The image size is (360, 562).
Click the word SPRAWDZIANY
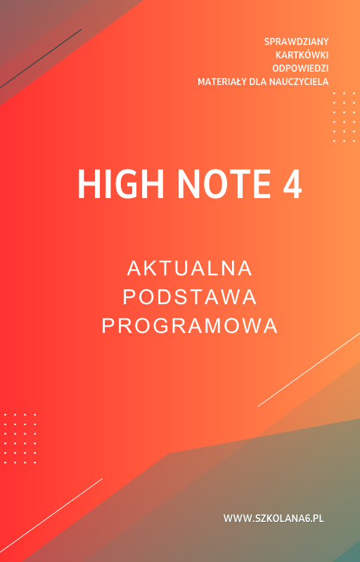tap(296, 41)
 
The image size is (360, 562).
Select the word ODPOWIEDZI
tap(300, 68)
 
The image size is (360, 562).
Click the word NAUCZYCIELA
tap(298, 81)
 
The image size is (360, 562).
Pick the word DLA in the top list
tap(258, 81)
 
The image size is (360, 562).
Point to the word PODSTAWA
tap(190, 297)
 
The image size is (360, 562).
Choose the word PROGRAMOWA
tap(190, 326)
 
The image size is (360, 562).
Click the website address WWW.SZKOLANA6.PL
tap(274, 518)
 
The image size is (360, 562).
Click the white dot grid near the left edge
tap(20, 438)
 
